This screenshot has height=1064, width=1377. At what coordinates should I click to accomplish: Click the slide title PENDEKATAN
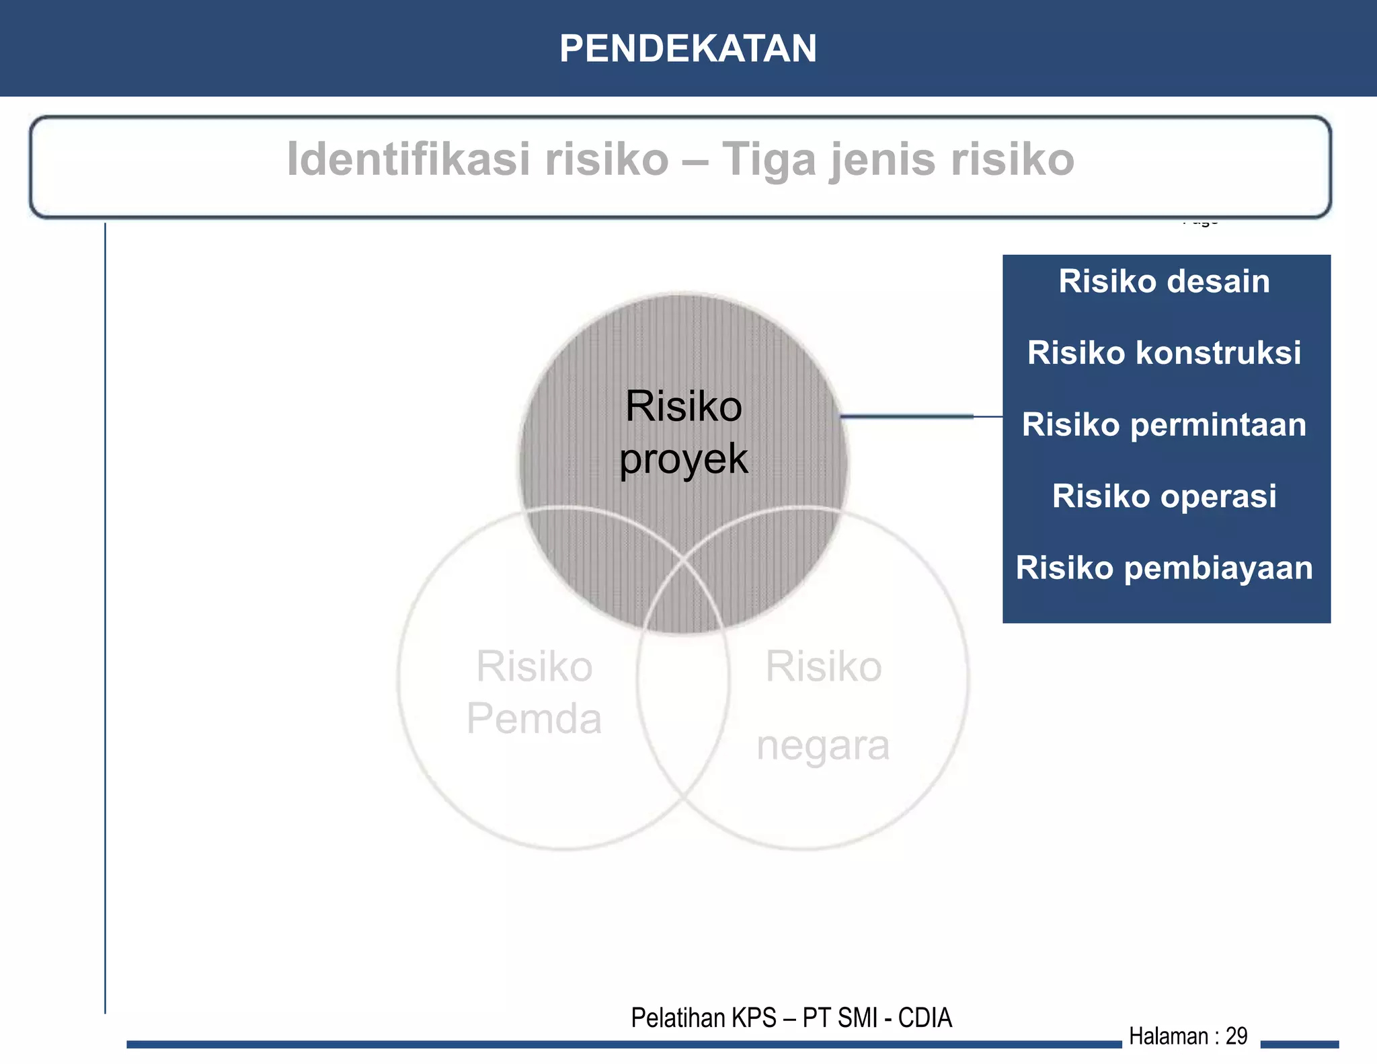click(x=688, y=48)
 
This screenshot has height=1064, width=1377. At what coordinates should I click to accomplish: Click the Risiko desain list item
click(x=1164, y=281)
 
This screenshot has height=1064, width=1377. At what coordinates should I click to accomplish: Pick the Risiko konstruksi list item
click(x=1164, y=353)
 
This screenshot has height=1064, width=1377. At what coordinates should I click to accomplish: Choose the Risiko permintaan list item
click(x=1164, y=425)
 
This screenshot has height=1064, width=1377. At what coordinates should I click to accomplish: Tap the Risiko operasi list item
click(x=1164, y=496)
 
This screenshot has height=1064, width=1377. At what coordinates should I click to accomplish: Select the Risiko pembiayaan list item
click(x=1164, y=568)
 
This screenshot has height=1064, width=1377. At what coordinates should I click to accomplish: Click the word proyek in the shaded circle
click(x=683, y=461)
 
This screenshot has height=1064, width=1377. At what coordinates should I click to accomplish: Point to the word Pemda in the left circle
click(x=534, y=718)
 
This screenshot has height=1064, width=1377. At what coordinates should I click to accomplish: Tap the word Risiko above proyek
click(x=683, y=407)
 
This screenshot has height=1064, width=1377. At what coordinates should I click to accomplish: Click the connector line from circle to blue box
click(x=921, y=416)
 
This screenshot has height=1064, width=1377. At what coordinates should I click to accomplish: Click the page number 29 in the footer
click(x=1236, y=1036)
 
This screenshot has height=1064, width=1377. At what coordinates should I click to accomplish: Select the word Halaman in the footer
click(x=1169, y=1036)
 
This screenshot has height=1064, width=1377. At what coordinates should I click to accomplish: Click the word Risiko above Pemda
click(x=534, y=667)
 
